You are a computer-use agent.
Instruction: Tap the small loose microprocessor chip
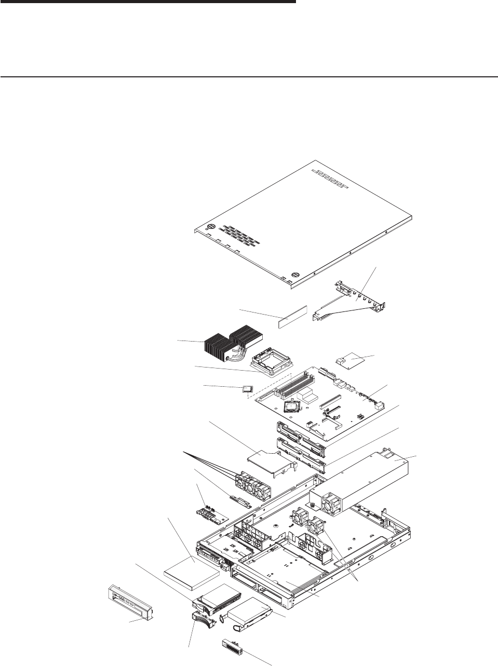(x=248, y=388)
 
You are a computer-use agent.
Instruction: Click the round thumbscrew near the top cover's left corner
(x=212, y=227)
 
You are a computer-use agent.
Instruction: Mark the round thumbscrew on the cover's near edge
(x=295, y=275)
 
